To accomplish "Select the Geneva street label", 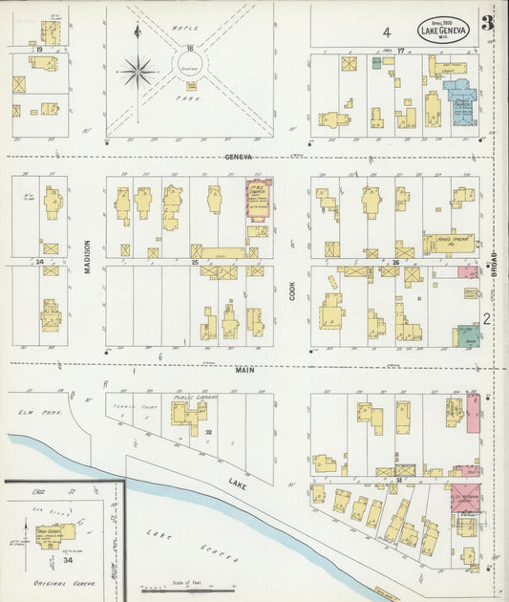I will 239,156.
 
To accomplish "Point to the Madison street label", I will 86,257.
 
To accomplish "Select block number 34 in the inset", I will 67,560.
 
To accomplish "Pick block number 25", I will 195,261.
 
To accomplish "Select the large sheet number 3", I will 487,24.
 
